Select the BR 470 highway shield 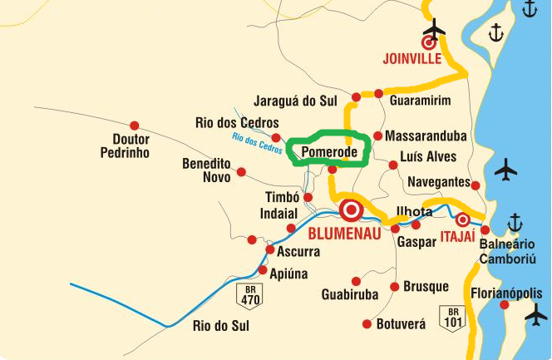(x=249, y=292)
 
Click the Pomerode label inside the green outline (x=329, y=152)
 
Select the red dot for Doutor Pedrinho (x=133, y=116)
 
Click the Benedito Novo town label (x=206, y=170)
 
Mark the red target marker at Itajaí (x=462, y=220)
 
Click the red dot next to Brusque (x=395, y=287)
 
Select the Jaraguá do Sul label (x=295, y=101)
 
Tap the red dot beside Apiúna (x=263, y=271)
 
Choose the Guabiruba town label (x=350, y=294)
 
